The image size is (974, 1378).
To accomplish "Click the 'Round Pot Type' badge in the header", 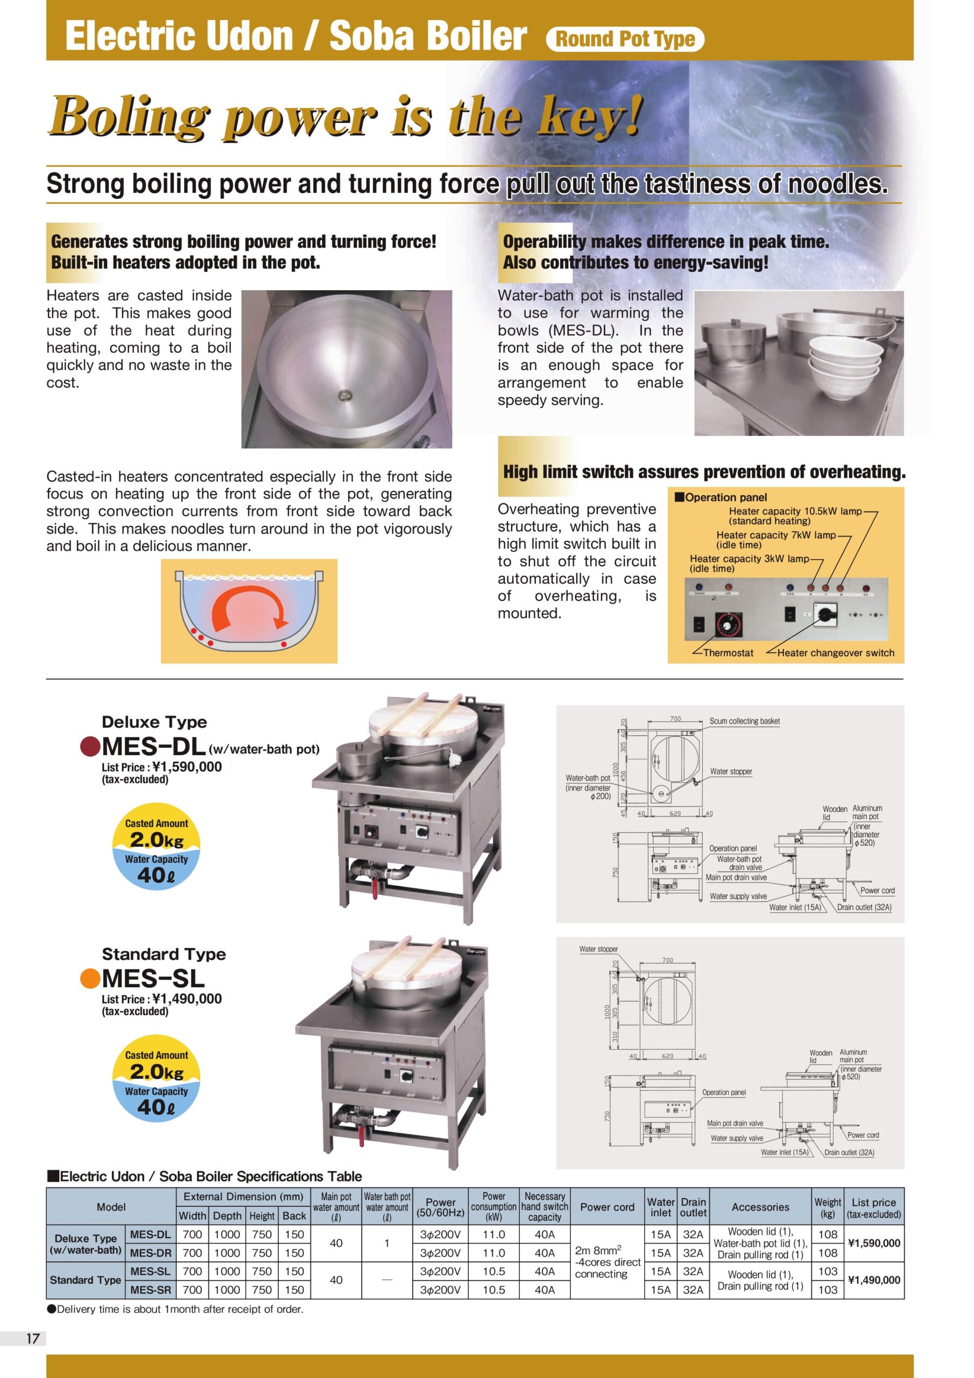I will click(624, 39).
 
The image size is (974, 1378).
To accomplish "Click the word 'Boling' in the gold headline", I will click(129, 115).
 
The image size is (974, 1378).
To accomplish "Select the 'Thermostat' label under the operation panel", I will click(728, 653).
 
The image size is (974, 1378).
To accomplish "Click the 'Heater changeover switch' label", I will click(835, 653).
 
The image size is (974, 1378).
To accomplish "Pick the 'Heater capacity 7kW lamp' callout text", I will click(775, 535).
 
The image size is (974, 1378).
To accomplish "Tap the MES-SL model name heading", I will click(153, 979).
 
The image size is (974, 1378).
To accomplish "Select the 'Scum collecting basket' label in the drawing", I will click(744, 721).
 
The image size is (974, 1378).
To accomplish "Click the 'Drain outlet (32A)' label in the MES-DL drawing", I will click(864, 908).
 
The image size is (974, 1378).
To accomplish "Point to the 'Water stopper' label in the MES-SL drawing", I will click(598, 949).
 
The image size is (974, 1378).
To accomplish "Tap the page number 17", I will click(32, 1338).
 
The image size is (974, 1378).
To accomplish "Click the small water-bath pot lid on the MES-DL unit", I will click(356, 747).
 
